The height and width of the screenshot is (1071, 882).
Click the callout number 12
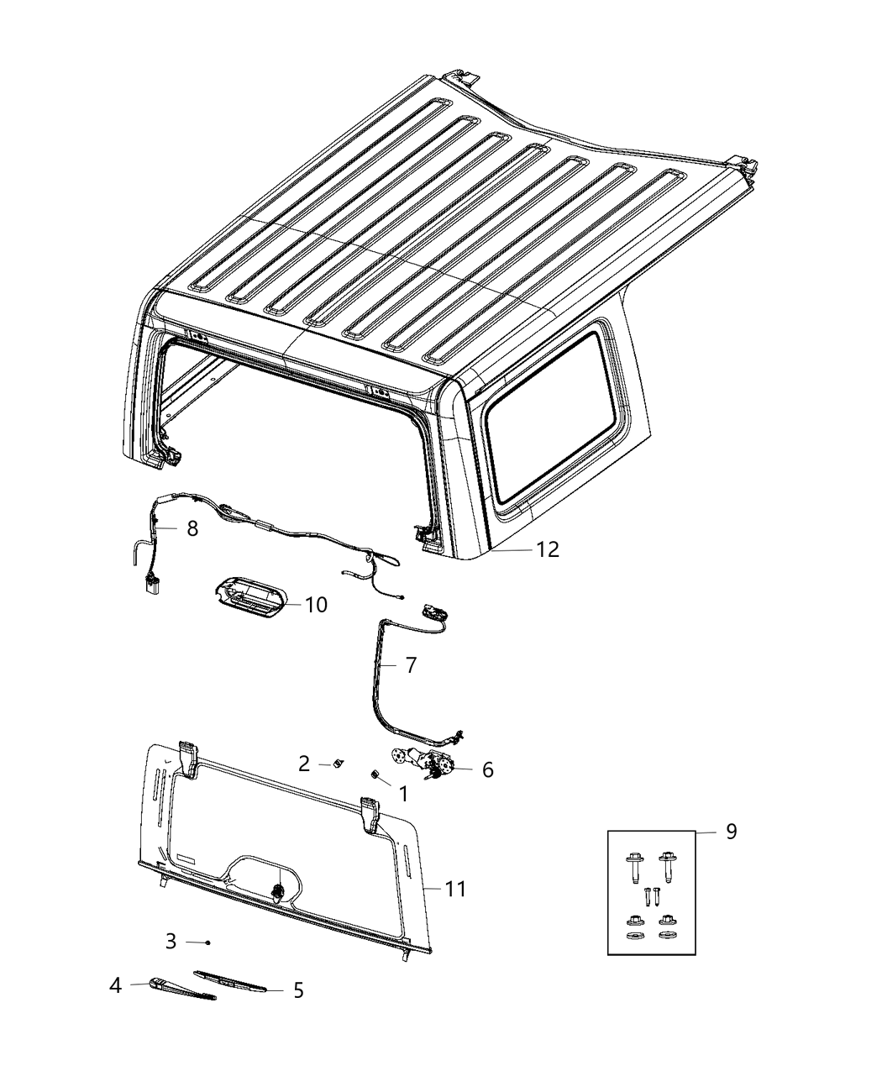[548, 549]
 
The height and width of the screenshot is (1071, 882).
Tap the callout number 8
[192, 528]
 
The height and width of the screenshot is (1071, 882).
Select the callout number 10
[316, 605]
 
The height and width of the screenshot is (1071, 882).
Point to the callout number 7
[410, 665]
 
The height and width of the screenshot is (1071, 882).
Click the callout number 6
[487, 769]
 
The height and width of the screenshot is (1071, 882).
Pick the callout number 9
[731, 832]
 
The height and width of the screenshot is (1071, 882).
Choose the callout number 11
[455, 888]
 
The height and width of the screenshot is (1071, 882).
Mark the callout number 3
[171, 941]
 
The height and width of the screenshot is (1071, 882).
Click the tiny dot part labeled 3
[207, 942]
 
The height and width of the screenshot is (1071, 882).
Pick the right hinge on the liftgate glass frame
[370, 812]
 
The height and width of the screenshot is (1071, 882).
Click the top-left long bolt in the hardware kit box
[633, 864]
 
